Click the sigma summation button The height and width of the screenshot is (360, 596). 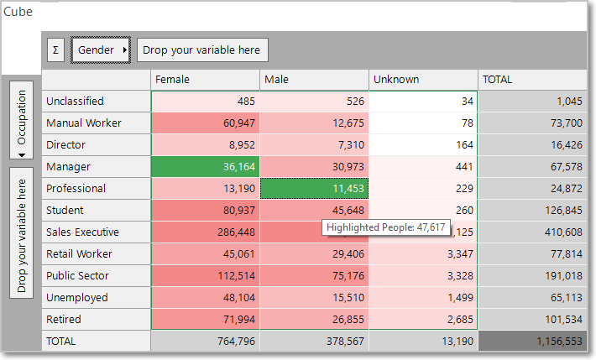click(x=55, y=50)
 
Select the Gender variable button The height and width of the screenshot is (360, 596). click(x=101, y=50)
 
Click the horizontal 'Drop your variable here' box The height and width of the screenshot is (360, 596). click(x=202, y=50)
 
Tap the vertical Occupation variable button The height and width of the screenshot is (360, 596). click(x=21, y=120)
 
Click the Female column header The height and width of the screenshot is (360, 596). click(x=206, y=80)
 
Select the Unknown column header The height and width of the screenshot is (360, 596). click(x=423, y=80)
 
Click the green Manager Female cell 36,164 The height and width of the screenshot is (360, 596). click(x=206, y=166)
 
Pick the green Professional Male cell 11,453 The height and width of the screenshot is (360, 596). click(x=314, y=188)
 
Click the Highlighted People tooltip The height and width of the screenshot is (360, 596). click(x=386, y=227)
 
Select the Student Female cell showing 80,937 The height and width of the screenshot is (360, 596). click(x=206, y=211)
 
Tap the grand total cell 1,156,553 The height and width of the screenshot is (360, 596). click(x=532, y=341)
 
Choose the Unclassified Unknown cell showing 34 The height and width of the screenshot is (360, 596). click(x=423, y=102)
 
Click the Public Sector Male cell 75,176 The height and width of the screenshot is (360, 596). click(x=314, y=275)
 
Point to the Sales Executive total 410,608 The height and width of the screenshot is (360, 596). click(x=532, y=232)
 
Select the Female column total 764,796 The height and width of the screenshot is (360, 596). click(x=206, y=341)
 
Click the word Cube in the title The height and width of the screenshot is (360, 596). click(x=18, y=12)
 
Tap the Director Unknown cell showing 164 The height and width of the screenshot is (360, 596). click(x=423, y=145)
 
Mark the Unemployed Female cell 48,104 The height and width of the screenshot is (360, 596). click(x=206, y=297)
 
